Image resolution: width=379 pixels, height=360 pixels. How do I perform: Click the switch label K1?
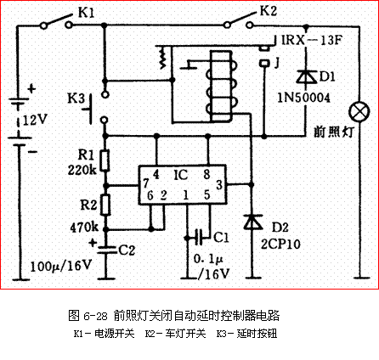point(88,13)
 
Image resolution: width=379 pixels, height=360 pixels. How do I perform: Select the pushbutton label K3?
point(75,99)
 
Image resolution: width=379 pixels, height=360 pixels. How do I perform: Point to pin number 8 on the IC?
point(206,174)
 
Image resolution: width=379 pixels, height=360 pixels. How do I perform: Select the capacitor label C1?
point(219,236)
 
